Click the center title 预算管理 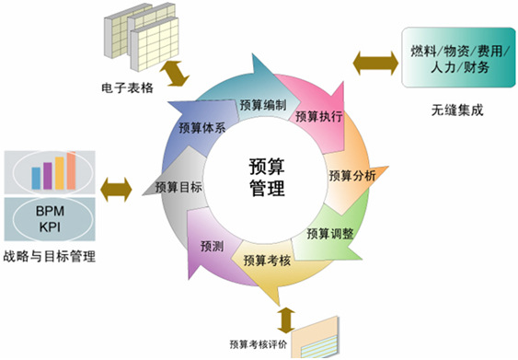[268, 177]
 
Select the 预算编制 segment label [262, 105]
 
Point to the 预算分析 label [351, 174]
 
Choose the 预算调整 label [329, 233]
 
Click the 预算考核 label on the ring [267, 261]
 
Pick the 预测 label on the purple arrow [212, 246]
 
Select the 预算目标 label [178, 187]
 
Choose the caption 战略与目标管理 [50, 256]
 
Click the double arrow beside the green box [374, 64]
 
